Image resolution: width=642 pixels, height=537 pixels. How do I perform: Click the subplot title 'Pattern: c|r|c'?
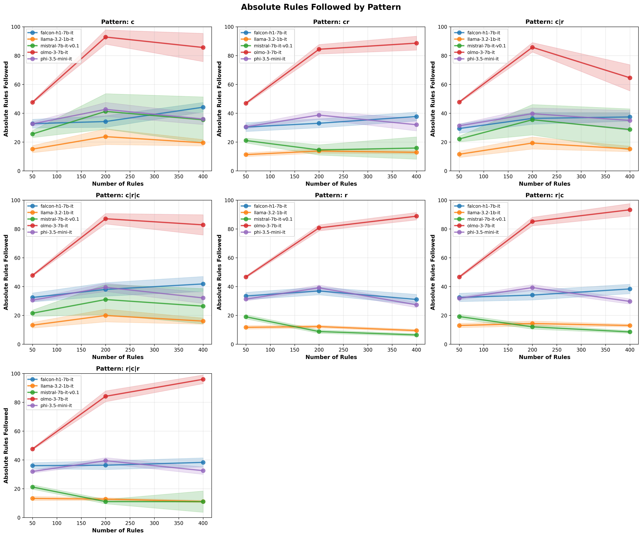118,195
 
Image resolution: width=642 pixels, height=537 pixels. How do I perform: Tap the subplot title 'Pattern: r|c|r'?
118,369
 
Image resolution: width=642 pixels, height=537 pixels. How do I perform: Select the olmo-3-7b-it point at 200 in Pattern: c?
105,37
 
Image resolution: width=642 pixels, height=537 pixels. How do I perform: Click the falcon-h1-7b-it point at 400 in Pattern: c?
203,107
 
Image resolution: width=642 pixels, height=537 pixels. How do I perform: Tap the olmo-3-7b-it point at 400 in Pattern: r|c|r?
203,379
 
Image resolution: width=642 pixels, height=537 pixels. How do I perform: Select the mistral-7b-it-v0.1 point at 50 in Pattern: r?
246,317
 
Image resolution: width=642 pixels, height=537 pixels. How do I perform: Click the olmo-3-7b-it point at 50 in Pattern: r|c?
459,277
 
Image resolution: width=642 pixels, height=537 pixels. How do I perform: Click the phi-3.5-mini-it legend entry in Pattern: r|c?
483,232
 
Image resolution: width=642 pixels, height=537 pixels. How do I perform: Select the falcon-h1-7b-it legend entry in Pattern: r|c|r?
57,379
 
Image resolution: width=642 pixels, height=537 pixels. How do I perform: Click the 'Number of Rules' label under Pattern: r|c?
544,357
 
